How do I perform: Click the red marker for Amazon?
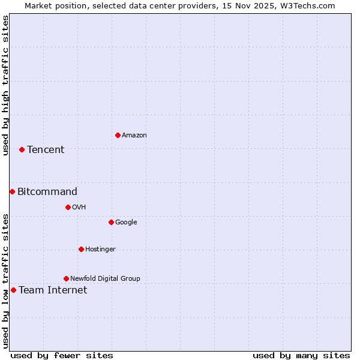coord(118,135)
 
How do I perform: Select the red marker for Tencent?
coord(22,149)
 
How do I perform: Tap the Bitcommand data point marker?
coord(12,191)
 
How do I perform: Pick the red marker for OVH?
coord(68,207)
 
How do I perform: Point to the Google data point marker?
coord(111,222)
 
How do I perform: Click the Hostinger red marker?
coord(81,249)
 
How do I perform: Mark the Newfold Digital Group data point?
coord(66,278)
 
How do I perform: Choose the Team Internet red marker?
coord(13,290)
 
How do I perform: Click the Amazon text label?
coord(134,136)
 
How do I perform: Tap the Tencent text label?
coord(46,150)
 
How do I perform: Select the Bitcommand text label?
coord(47,192)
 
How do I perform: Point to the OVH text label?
coord(79,208)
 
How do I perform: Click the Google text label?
coord(126,223)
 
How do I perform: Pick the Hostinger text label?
coord(100,250)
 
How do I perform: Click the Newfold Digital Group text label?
coord(105,279)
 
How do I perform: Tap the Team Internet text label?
coord(53,290)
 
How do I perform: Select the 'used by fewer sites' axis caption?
coord(62,355)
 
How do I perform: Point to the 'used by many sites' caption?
coord(301,355)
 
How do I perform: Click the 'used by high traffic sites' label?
coord(5,85)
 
